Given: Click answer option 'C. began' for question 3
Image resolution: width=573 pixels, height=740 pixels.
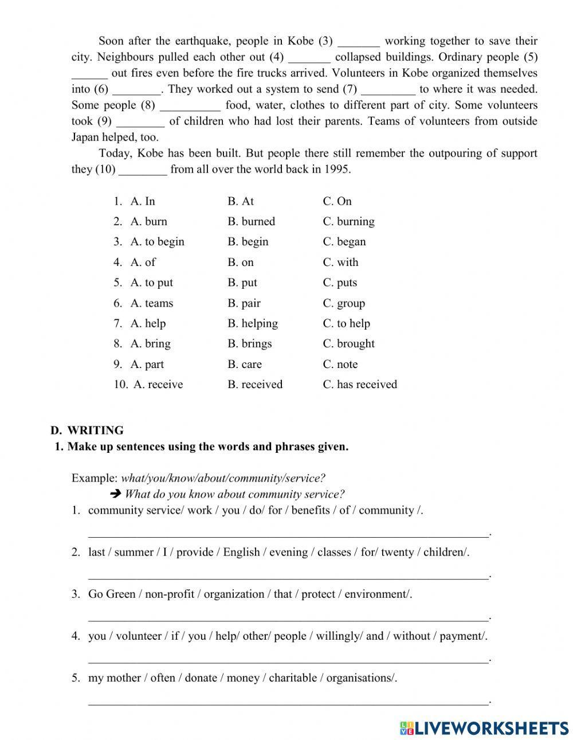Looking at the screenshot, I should coord(344,242).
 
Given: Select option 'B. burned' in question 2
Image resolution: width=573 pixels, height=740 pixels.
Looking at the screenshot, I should coord(251,221).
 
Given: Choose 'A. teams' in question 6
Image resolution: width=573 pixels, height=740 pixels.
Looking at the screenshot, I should coord(151,303).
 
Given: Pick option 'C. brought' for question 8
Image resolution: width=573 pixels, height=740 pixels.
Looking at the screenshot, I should coord(348,344).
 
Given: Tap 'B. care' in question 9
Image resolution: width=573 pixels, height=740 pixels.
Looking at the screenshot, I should coord(244,365).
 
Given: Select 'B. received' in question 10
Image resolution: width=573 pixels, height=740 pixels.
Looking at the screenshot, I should coord(254,385).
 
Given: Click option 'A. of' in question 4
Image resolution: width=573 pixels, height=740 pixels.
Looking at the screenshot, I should coord(143,263).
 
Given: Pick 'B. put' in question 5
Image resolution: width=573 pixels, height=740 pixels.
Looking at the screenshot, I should coord(242,283).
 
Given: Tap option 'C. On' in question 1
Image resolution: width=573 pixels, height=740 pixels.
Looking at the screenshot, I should coord(337,201).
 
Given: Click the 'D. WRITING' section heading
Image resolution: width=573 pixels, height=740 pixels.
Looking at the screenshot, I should coord(87,430).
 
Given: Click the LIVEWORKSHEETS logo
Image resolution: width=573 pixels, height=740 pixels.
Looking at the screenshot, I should coord(484,728).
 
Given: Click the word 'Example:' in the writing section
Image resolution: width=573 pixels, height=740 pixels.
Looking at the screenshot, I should coord(95,478).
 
